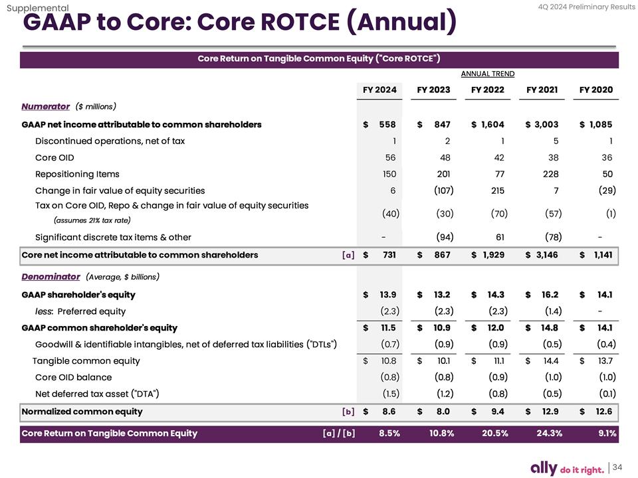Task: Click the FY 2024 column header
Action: tap(379, 90)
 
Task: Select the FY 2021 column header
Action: tap(542, 90)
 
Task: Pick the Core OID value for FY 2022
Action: tap(499, 157)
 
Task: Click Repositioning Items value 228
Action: tap(550, 174)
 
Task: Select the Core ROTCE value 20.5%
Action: tap(495, 434)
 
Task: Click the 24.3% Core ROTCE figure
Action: tap(549, 434)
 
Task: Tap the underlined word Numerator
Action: tap(46, 106)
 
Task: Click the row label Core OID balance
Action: tap(73, 377)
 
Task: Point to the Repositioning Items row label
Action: tap(77, 174)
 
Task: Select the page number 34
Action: tap(617, 467)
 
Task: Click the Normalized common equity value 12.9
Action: tap(549, 411)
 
